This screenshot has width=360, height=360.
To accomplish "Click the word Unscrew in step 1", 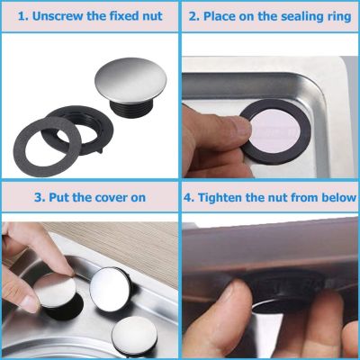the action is click(58, 16).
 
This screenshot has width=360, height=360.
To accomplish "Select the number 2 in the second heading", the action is click(193, 16).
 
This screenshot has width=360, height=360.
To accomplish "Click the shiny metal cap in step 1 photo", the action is click(130, 80).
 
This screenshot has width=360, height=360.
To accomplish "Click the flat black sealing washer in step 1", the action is click(48, 147).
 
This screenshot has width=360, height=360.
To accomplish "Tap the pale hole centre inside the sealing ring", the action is click(275, 132).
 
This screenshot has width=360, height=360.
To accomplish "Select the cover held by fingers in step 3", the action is click(55, 291).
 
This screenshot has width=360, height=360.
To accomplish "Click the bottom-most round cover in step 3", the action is click(134, 336).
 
